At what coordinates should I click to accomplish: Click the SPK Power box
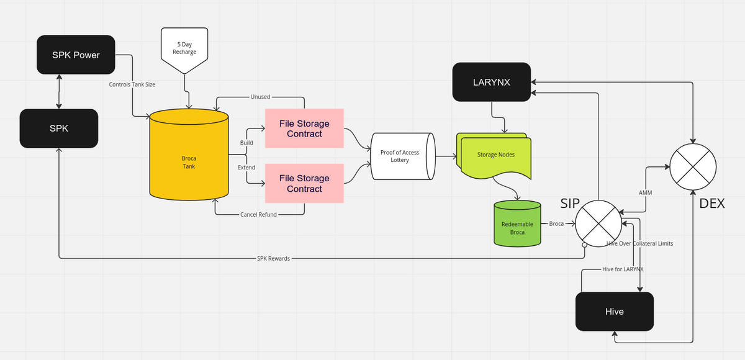click(x=76, y=55)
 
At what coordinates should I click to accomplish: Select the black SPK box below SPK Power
click(x=58, y=128)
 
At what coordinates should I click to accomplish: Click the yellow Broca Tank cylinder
click(x=189, y=155)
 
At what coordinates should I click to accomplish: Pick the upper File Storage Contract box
click(x=304, y=128)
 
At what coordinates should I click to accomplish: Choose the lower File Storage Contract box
click(x=304, y=183)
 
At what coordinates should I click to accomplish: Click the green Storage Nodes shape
click(x=495, y=155)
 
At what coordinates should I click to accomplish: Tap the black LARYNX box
click(x=491, y=81)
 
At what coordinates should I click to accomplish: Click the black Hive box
click(x=614, y=311)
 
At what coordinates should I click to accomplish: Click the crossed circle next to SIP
click(x=598, y=223)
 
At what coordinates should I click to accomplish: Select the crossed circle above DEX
click(x=693, y=166)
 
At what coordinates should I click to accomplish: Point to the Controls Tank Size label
click(x=132, y=84)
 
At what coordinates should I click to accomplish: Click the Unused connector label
click(x=260, y=97)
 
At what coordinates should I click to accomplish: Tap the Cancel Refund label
click(x=258, y=215)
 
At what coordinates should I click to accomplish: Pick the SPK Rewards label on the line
click(x=273, y=258)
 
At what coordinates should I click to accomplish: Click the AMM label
click(x=645, y=193)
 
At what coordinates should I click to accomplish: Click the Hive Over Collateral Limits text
click(x=639, y=244)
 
